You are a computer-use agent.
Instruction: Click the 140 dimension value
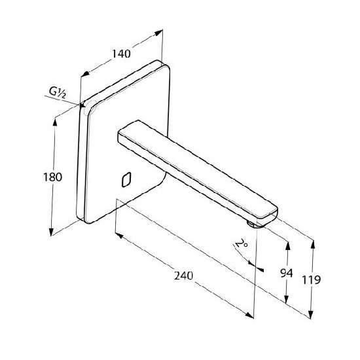[x=121, y=54]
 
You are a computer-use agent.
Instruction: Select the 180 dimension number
[x=52, y=177]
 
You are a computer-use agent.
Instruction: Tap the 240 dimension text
[x=183, y=276]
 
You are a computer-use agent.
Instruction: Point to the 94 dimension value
[x=287, y=273]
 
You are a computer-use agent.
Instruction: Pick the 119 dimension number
[x=311, y=280]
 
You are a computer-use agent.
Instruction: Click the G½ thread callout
[x=58, y=92]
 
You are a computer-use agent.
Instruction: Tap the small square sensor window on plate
[x=126, y=179]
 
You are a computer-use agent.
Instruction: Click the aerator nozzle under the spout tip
[x=255, y=224]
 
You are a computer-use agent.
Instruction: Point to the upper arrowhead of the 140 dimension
[x=158, y=33]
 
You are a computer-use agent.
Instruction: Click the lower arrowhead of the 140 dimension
[x=85, y=73]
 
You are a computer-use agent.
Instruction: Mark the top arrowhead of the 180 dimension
[x=54, y=122]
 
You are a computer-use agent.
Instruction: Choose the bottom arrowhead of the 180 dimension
[x=52, y=232]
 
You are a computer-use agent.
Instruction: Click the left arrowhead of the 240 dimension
[x=119, y=236]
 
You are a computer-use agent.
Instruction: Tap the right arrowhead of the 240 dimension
[x=249, y=315]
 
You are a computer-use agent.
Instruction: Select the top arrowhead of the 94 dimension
[x=289, y=245]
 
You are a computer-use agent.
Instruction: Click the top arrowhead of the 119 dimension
[x=313, y=244]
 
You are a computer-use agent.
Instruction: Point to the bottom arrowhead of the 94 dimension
[x=286, y=299]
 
